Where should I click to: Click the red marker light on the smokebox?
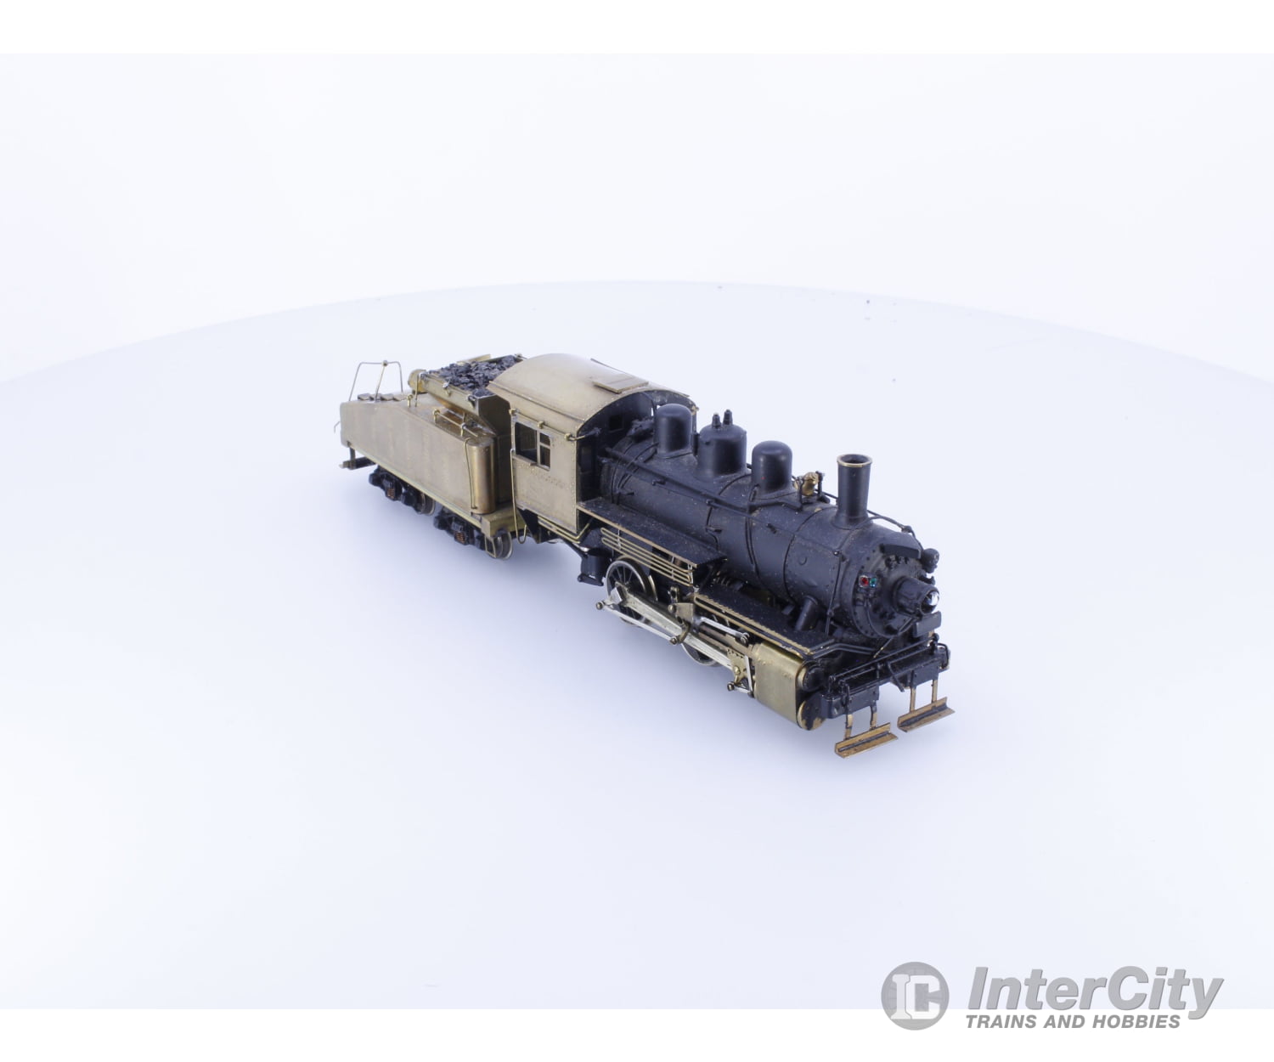tap(865, 584)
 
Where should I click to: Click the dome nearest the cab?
tap(673, 428)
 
